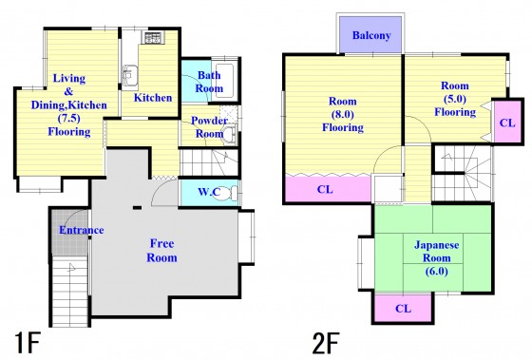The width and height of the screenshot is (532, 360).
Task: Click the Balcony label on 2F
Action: click(x=371, y=35)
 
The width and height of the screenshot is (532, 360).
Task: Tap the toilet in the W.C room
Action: click(x=234, y=193)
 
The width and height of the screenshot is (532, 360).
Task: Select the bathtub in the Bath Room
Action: click(x=224, y=81)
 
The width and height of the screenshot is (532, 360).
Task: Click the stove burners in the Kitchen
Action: click(x=153, y=38)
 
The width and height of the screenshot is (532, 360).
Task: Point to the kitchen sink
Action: click(x=129, y=76)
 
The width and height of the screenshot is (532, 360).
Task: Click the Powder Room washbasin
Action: click(x=230, y=133)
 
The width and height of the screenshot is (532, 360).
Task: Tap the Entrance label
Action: click(x=82, y=230)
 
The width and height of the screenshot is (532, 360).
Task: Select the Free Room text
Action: click(x=161, y=251)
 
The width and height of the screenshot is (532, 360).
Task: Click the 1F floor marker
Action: click(x=28, y=343)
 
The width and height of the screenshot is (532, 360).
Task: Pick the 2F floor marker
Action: click(x=325, y=343)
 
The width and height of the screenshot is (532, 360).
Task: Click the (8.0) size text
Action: click(x=343, y=115)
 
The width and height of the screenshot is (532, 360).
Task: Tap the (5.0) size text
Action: click(x=455, y=99)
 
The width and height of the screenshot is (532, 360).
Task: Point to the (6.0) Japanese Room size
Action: click(x=437, y=271)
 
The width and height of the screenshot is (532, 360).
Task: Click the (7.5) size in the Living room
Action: click(x=68, y=119)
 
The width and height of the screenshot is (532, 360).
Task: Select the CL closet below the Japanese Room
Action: click(x=404, y=308)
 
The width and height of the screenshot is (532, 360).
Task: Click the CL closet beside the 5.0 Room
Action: click(x=507, y=123)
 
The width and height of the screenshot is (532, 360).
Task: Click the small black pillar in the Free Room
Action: click(x=137, y=208)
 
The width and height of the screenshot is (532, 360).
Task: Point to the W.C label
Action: click(x=209, y=192)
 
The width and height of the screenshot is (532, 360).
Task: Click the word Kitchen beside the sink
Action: click(x=153, y=98)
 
